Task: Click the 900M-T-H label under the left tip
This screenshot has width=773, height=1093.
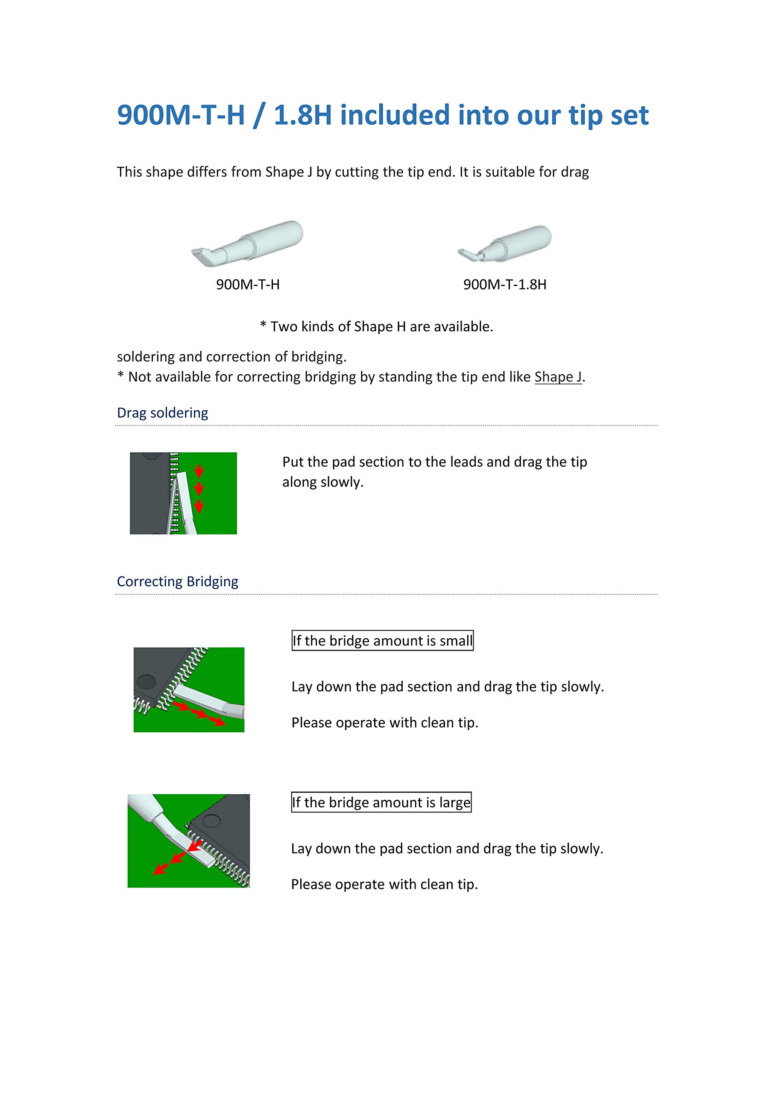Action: click(x=248, y=285)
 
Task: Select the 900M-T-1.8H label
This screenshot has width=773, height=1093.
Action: click(x=505, y=285)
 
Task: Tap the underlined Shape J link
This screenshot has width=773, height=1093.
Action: click(x=558, y=377)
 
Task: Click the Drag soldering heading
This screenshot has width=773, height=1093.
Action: click(x=162, y=413)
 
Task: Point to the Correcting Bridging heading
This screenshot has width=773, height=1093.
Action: click(x=177, y=582)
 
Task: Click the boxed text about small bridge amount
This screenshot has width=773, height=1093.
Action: click(x=383, y=641)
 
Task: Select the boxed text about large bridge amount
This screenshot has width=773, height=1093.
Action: click(x=381, y=803)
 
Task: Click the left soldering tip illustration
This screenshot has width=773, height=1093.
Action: click(x=247, y=243)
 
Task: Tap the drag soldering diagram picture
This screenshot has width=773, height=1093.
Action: click(x=183, y=493)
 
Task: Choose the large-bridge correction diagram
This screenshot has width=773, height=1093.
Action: click(x=189, y=841)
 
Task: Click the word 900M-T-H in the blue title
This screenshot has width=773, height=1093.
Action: click(x=181, y=116)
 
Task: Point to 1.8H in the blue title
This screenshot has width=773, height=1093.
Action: click(x=302, y=116)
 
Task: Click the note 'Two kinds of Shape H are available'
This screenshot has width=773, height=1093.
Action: click(x=376, y=327)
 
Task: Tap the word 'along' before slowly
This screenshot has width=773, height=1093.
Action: click(x=299, y=482)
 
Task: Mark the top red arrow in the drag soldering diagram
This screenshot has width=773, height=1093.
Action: click(x=199, y=472)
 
